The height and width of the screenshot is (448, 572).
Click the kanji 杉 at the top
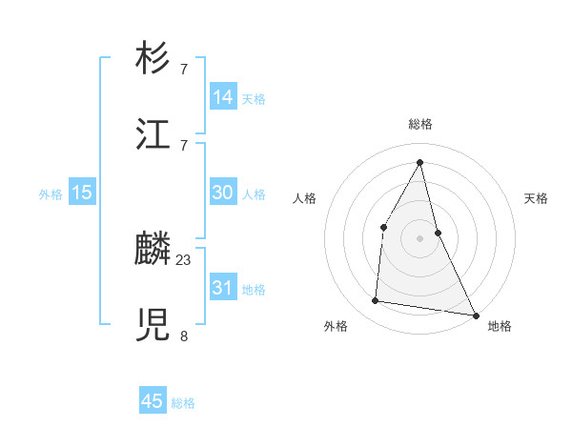pos(154,59)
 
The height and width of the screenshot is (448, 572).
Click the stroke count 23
pos(184,259)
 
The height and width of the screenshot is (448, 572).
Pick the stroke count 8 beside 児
pos(184,336)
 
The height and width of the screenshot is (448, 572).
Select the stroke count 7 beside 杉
pos(184,69)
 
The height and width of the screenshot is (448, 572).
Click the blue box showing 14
pos(223,97)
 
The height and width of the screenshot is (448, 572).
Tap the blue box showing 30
pos(223,193)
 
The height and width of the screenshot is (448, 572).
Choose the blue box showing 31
pos(223,288)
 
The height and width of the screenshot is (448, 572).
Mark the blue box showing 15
pos(82,193)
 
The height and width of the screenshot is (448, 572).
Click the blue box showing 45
pos(153,401)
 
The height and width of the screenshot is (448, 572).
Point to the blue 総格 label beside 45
pos(183,403)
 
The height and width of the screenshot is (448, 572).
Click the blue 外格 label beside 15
pos(51,194)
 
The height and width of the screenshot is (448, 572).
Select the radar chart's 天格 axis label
pos(536,198)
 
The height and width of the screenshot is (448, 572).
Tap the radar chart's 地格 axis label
pos(500,326)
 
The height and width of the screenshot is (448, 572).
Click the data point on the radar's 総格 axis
pos(419,161)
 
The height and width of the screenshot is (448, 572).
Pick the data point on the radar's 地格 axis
pos(475,314)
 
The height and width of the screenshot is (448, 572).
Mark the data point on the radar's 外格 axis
pos(376,301)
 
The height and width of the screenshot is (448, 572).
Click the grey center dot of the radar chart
pos(419,237)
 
